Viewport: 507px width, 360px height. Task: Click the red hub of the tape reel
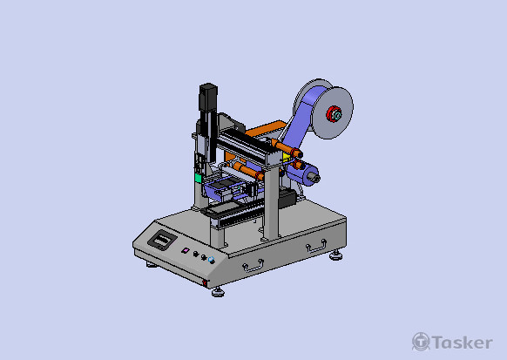[x=334, y=114]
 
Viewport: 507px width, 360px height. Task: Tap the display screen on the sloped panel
[x=162, y=240]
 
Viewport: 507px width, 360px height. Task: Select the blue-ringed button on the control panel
[x=212, y=260]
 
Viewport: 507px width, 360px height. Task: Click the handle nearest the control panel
[x=253, y=266]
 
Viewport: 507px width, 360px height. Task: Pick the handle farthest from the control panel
[x=316, y=246]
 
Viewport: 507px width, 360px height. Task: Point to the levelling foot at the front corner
[x=218, y=292]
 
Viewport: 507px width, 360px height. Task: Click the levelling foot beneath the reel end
[x=336, y=255]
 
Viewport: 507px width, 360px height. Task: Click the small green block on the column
[x=198, y=178]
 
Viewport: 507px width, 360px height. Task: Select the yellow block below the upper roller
[x=286, y=158]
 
